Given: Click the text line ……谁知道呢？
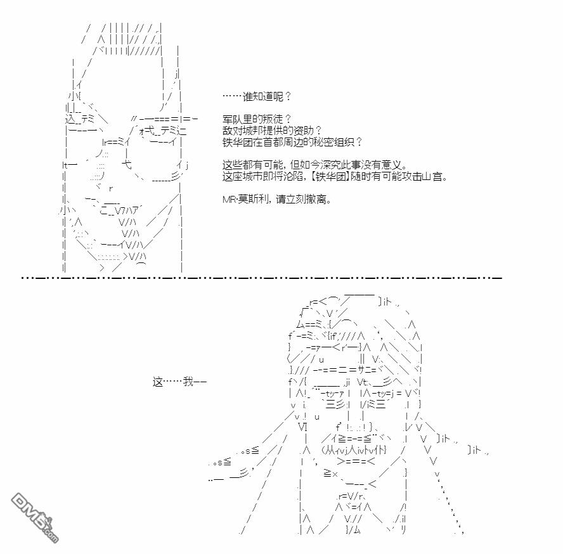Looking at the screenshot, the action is [257, 96].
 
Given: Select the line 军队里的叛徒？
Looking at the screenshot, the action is [257, 119].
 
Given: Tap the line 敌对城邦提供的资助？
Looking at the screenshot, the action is [273, 130].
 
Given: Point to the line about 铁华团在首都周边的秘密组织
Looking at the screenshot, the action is [293, 141].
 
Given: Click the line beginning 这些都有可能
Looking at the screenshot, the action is [315, 165].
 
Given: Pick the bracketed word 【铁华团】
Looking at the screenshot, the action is [330, 176].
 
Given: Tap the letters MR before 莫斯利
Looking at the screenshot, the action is [229, 199].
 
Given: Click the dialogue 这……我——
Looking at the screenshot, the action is [179, 382].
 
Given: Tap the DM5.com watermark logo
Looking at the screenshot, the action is [34, 517].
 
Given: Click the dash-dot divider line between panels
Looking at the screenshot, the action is [261, 278].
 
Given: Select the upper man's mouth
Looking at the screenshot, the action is [115, 209].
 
